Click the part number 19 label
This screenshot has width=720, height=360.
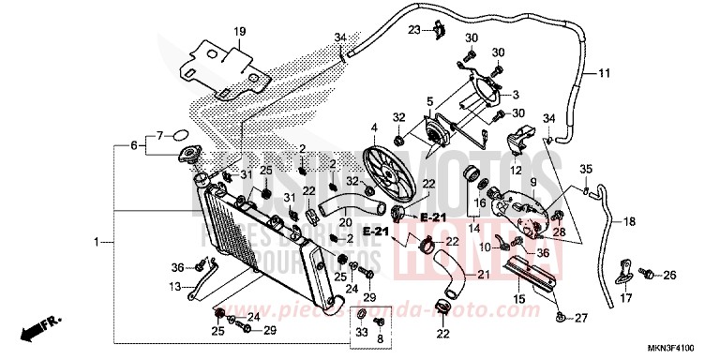239,32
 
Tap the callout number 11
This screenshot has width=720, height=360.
604,72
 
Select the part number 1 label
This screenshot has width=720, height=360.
97,243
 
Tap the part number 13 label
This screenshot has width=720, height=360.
176,286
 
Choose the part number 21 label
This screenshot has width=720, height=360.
484,274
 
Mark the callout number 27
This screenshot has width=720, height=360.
581,318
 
